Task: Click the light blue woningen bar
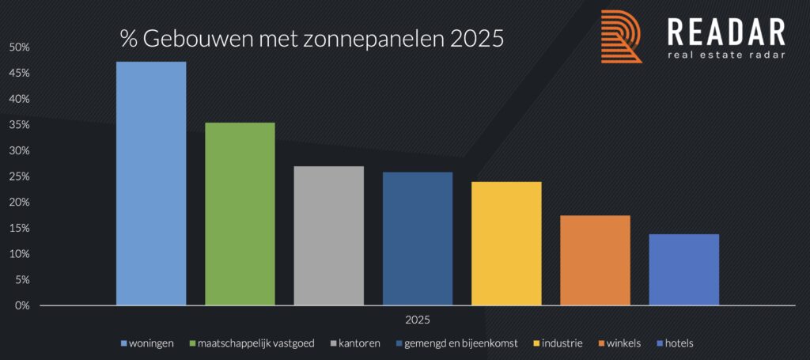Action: pos(151,183)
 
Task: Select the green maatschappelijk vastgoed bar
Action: pos(240,214)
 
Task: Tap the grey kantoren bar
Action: pos(328,235)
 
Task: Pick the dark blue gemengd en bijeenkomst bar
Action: pos(418,238)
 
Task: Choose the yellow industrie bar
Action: pos(506,243)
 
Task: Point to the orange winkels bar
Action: pos(595,260)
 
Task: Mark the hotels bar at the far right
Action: pos(683,269)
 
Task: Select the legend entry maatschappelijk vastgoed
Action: pos(258,343)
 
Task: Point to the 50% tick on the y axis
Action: pos(20,47)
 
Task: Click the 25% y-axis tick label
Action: pos(20,176)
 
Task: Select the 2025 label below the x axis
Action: pos(418,319)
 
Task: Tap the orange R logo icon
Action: pos(621,36)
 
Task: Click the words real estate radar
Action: pos(727,55)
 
